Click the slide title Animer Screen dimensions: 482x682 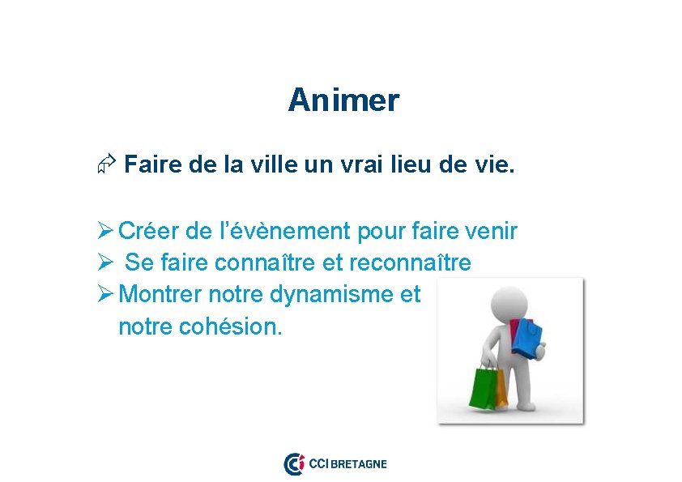tap(343, 100)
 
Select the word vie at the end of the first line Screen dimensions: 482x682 tap(493, 166)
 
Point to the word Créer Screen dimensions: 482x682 tap(149, 232)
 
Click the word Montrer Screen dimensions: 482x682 tap(163, 295)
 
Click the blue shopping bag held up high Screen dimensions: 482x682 tap(527, 338)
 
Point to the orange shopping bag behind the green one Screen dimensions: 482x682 tap(501, 387)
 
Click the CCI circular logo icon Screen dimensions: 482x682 tap(294, 464)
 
